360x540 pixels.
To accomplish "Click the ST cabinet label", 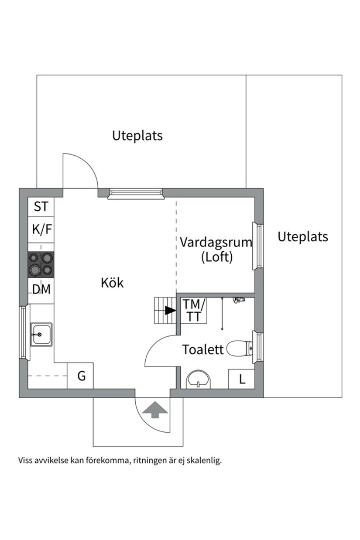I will tap(41, 207).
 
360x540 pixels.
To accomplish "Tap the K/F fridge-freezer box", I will tap(41, 229).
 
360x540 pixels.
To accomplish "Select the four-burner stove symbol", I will tap(41, 264).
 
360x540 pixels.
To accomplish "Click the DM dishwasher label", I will tap(41, 290).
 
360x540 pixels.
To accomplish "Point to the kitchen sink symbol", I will tap(41, 335).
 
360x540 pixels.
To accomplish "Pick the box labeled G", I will tap(81, 376).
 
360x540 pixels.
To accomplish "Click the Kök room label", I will tap(112, 283).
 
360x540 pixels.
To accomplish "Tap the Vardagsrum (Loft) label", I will tap(216, 249).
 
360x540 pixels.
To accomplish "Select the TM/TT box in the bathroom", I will tap(194, 310).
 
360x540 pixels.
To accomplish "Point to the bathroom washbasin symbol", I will tap(199, 379).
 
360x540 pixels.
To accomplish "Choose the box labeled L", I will tap(242, 379).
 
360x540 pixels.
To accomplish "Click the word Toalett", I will tap(203, 350).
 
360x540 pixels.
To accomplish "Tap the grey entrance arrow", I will tap(156, 410).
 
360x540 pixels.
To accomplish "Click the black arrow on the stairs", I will tap(170, 311).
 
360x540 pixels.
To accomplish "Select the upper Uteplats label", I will tap(137, 136).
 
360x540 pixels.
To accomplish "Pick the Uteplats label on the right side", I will tap(302, 237).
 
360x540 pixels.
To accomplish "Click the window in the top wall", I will tap(135, 193).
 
